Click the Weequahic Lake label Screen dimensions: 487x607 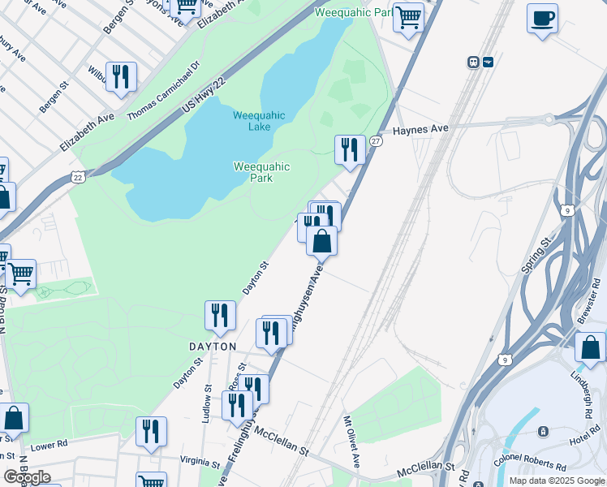[x=259, y=121]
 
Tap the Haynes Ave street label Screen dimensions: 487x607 [x=421, y=129]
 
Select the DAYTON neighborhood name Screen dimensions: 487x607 [x=213, y=347]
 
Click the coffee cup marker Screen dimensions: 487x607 [x=542, y=18]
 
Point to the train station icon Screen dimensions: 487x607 [x=472, y=62]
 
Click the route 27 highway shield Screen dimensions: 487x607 [x=376, y=141]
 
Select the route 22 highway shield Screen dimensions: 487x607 [x=77, y=176]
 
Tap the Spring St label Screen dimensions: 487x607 [x=536, y=255]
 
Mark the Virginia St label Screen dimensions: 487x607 [x=200, y=462]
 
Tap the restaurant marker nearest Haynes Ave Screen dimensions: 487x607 [x=350, y=150]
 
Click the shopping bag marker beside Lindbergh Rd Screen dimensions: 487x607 [x=590, y=347]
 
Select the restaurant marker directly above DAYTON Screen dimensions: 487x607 [x=220, y=316]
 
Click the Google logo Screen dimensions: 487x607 [x=27, y=477]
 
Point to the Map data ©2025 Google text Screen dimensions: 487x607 [x=556, y=481]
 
